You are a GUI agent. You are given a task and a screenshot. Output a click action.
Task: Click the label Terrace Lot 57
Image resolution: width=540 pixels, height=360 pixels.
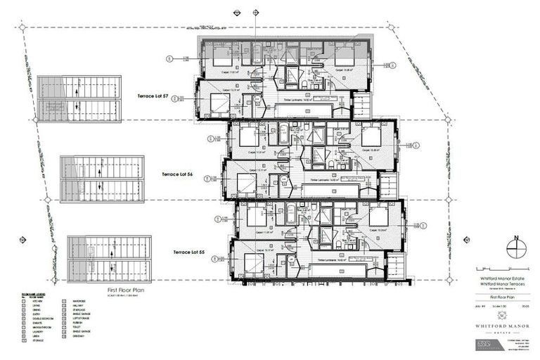coord(150,94)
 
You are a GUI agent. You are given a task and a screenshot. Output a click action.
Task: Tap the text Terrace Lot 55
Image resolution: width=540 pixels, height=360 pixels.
coord(191,251)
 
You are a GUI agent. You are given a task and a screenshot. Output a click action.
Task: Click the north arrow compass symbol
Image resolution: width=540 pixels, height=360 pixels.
coord(517,248)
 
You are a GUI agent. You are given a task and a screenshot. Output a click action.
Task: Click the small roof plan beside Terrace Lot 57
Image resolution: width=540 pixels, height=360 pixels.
coord(79,98)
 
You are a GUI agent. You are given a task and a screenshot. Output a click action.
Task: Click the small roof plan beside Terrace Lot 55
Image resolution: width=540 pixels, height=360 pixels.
coord(109,259)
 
